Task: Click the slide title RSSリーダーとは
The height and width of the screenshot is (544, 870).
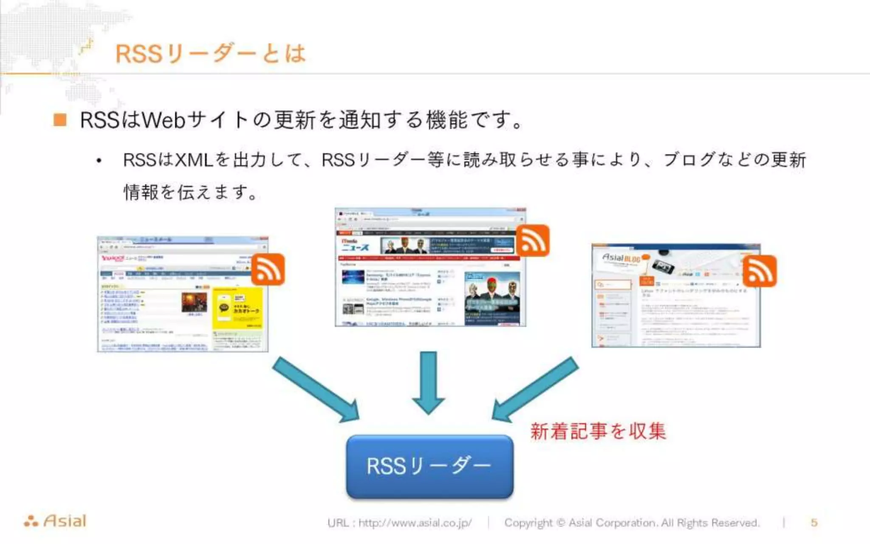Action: click(210, 54)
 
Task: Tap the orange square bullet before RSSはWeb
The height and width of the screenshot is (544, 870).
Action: click(60, 120)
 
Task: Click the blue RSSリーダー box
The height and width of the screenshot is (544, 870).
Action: click(429, 466)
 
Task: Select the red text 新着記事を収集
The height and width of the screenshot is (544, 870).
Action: click(598, 431)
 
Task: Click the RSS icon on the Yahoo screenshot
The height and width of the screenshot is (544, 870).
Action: click(268, 270)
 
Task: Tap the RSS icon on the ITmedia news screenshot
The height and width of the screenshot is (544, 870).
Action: click(533, 241)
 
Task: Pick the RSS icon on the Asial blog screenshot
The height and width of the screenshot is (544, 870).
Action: click(760, 271)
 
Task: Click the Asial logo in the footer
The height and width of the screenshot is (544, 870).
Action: click(55, 521)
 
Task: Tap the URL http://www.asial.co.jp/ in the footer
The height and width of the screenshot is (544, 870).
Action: click(415, 523)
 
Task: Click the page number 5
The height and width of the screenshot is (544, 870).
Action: click(814, 523)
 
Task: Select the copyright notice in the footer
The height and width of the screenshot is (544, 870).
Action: click(631, 523)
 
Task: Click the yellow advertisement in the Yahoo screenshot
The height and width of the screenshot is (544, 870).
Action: click(237, 308)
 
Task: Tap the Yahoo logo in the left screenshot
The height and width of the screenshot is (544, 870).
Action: click(113, 258)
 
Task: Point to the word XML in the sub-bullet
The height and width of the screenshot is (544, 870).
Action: click(194, 160)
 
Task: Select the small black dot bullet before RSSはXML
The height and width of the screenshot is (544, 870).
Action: click(99, 161)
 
